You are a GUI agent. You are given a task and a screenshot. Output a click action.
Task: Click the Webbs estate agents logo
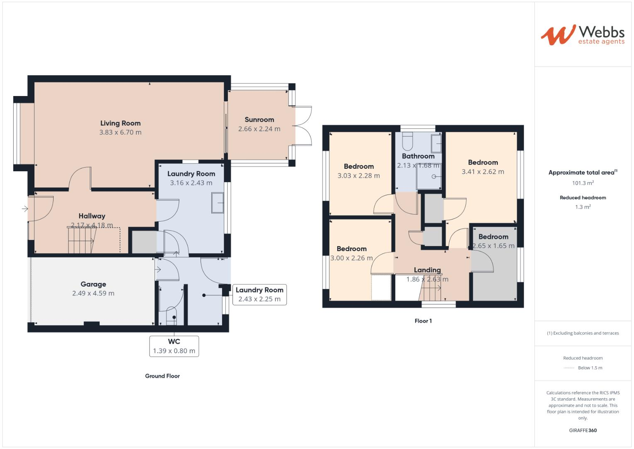(x=583, y=35)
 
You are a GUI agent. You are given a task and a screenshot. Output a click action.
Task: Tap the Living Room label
(x=120, y=123)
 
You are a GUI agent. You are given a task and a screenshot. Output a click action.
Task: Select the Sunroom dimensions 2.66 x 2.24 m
(x=259, y=129)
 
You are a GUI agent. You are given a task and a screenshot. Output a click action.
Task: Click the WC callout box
(x=174, y=346)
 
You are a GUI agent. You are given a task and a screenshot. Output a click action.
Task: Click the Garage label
(x=93, y=284)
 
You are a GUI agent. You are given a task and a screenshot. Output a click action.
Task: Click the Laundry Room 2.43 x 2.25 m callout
(x=259, y=294)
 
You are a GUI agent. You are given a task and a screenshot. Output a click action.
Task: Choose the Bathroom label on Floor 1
(x=418, y=156)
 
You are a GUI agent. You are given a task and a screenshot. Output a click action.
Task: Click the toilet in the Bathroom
(x=407, y=141)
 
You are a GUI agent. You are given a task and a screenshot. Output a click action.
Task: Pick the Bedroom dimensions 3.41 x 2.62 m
(x=483, y=172)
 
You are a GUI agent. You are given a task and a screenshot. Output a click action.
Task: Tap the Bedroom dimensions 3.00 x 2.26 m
(x=352, y=258)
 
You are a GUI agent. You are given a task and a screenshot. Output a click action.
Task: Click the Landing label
(x=427, y=270)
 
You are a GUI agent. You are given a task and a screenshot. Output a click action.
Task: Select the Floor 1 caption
(x=423, y=321)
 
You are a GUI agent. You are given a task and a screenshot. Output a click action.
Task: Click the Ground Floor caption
(x=162, y=376)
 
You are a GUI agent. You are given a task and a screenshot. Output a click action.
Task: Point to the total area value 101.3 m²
(x=583, y=183)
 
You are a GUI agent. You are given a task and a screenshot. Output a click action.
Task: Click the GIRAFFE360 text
(x=583, y=430)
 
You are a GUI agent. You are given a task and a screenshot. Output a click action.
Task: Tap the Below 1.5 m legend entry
(x=590, y=368)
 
